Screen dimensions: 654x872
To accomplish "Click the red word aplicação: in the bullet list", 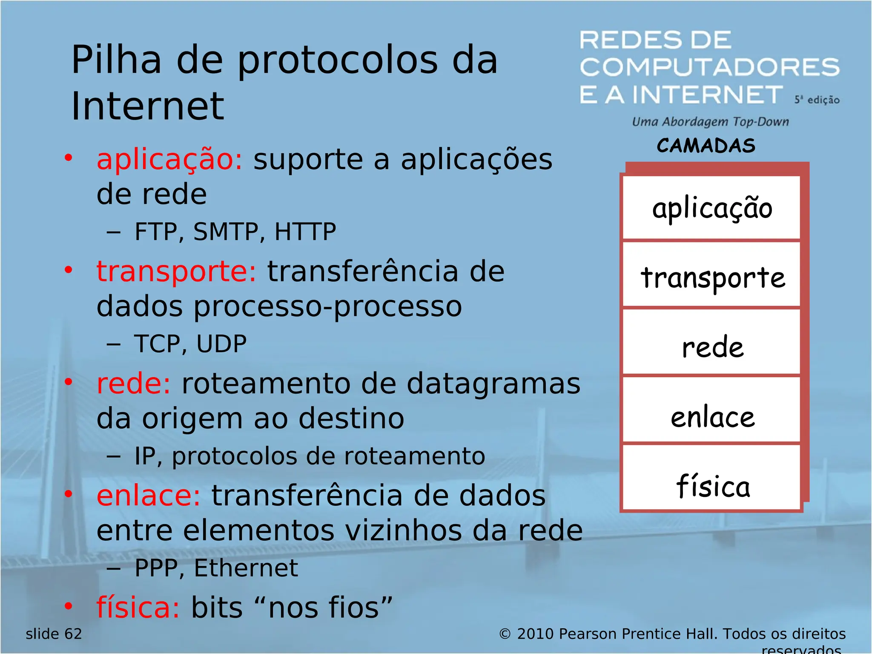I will coord(169,160).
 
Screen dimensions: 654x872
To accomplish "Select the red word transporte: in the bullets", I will coord(176,272).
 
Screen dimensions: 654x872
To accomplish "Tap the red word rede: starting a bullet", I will coord(133,384).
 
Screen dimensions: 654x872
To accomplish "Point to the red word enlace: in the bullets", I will coord(148,496).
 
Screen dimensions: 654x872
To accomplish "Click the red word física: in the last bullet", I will coord(138,607).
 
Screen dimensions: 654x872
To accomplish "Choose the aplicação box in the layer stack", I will coord(711,208).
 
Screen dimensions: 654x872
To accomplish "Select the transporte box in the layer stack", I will coord(711,276).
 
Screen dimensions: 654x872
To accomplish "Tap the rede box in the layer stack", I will coord(711,346).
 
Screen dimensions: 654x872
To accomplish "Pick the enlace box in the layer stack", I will coord(711,416).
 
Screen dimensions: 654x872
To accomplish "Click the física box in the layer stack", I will coord(711,485).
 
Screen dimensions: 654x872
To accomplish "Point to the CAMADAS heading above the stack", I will coord(706,146).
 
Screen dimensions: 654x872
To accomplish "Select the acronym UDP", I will coord(221,344).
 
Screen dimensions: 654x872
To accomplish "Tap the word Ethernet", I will coord(246,568).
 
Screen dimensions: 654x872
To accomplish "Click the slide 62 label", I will coord(54,634).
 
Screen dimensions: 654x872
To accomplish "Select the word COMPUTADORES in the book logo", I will coord(709,67).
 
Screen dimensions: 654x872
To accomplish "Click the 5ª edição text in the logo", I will coord(816,100).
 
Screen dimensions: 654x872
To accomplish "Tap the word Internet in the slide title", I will coord(147,106).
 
